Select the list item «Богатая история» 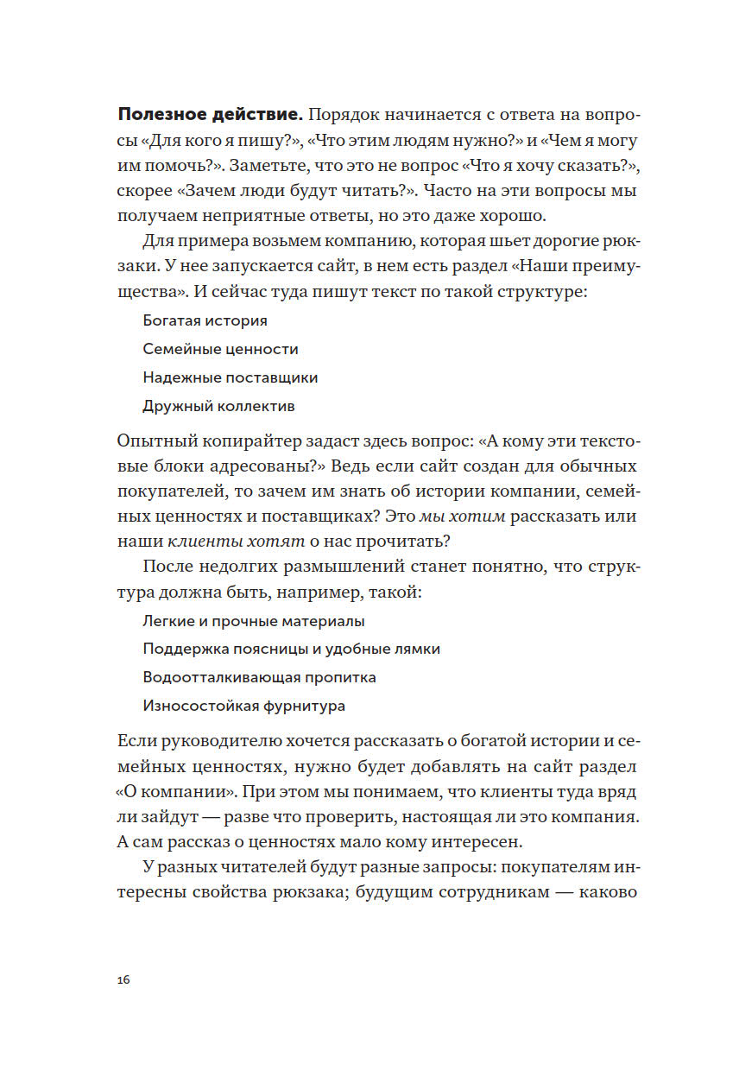[205, 320]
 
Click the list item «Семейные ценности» [220, 349]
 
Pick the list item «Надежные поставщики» [230, 377]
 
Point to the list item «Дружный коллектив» [218, 406]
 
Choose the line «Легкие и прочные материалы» [253, 621]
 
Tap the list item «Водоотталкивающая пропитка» [259, 677]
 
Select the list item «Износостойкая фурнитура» [243, 706]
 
